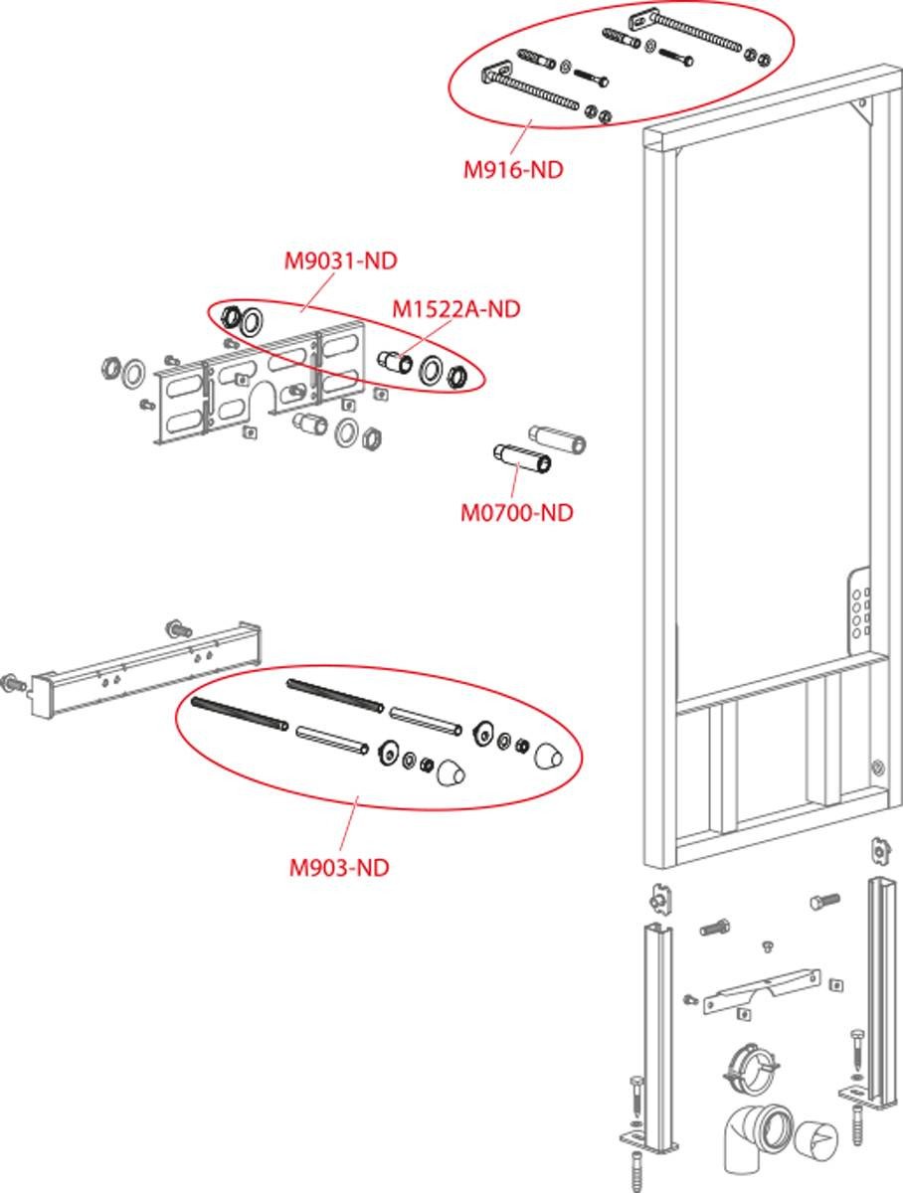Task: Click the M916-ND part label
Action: (x=513, y=170)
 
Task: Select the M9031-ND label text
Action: (x=341, y=261)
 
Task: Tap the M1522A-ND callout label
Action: (x=455, y=309)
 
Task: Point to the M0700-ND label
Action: (x=517, y=513)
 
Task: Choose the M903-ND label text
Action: (x=339, y=868)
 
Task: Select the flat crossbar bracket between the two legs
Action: (x=761, y=992)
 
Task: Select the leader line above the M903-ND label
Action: (x=349, y=824)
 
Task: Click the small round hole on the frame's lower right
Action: (x=876, y=767)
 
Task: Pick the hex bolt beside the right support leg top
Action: (x=825, y=900)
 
